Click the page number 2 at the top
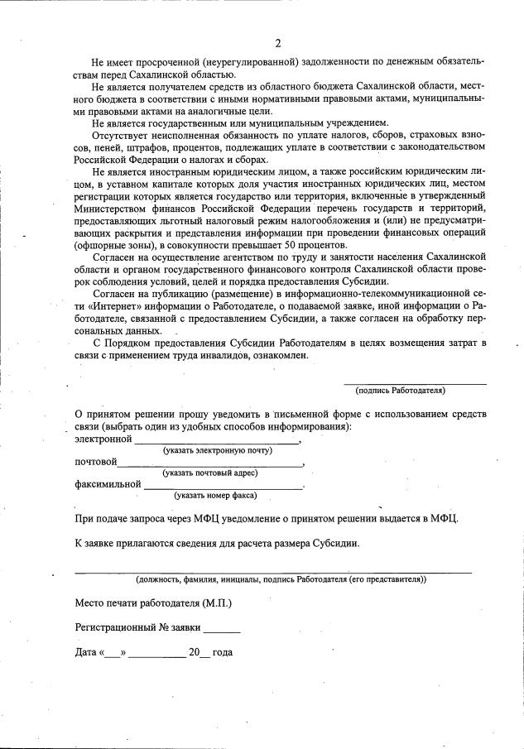point(278,43)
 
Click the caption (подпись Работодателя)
point(401,390)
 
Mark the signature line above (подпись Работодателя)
point(415,383)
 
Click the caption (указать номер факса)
point(215,496)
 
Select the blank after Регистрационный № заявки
point(221,630)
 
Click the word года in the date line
point(223,652)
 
